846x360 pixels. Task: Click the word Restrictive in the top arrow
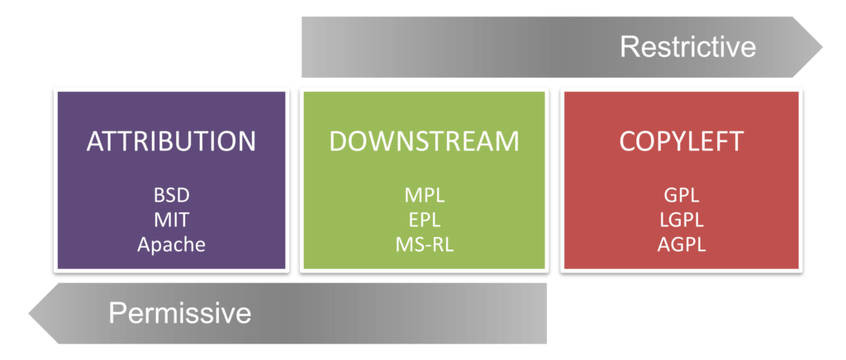point(687,47)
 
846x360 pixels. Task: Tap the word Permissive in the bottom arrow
point(180,313)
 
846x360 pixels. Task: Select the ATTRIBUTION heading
point(171,141)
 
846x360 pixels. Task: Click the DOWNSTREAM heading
point(424,141)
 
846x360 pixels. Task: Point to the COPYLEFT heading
point(682,141)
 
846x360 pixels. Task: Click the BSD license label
point(171,195)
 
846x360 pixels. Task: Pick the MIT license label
point(171,220)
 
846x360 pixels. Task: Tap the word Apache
point(171,244)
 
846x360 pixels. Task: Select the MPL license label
point(424,195)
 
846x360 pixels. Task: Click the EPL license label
point(424,220)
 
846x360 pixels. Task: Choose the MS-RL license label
point(424,244)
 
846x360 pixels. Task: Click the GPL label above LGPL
point(682,195)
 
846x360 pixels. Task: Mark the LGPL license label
point(682,220)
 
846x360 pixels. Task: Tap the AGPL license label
point(682,244)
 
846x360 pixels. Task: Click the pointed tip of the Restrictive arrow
point(822,47)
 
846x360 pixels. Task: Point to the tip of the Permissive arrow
point(29,314)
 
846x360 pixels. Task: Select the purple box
point(171,180)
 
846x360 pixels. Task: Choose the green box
point(424,180)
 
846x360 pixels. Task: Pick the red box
point(682,180)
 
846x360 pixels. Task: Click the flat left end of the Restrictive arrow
point(302,47)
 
